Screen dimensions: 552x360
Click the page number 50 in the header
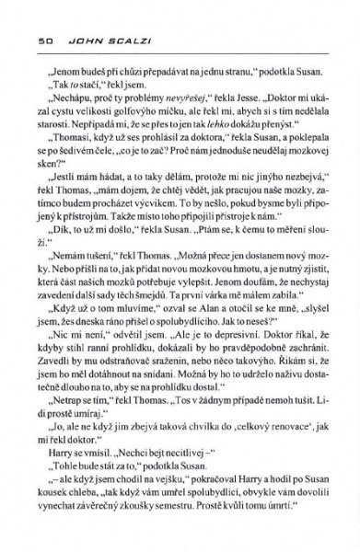[38, 40]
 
